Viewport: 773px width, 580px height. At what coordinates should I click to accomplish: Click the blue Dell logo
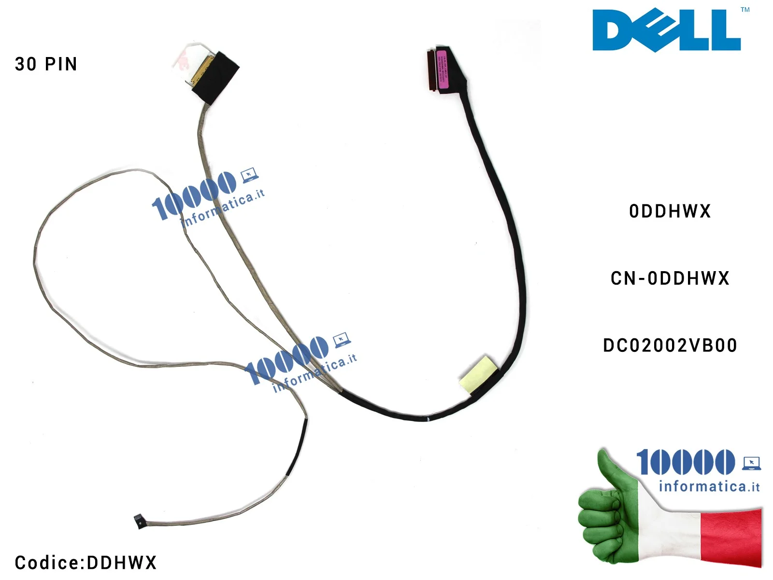667,30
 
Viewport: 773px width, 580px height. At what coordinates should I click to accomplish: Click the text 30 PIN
46,64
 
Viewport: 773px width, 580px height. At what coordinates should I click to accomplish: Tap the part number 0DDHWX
670,211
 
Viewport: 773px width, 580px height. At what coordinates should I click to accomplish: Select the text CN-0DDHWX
670,278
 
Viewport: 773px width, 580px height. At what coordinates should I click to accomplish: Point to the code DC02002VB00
670,346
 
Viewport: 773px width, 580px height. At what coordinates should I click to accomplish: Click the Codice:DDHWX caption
86,563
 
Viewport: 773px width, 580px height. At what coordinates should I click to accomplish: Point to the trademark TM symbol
745,10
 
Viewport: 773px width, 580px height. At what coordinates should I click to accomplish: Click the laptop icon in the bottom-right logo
751,463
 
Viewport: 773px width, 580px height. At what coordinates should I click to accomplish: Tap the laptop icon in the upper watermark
249,175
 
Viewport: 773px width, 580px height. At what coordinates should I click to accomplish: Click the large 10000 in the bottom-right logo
685,462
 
